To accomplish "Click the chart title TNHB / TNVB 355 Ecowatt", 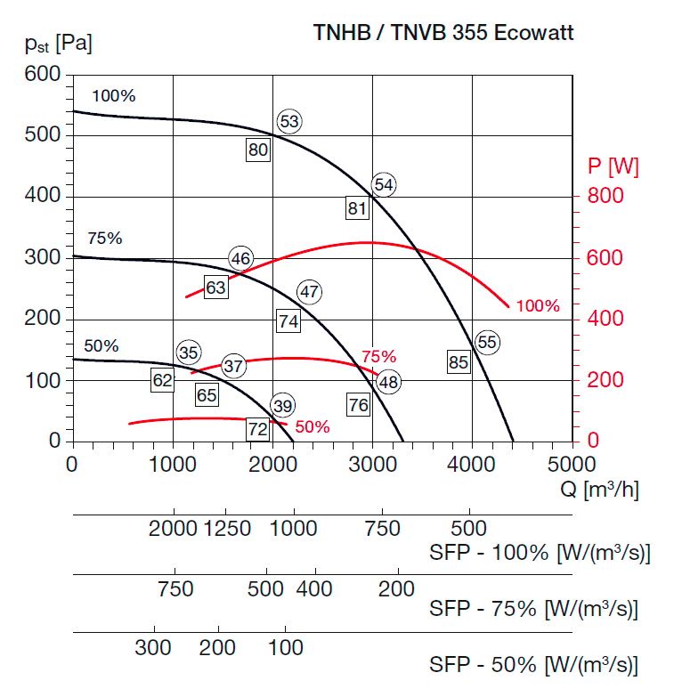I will (443, 33).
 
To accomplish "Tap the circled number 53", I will (289, 122).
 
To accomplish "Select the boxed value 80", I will (258, 150).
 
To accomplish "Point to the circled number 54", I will (384, 184).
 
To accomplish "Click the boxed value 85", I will (459, 362).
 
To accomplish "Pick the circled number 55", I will (486, 342).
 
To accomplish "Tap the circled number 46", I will (240, 259).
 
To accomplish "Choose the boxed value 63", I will (215, 288).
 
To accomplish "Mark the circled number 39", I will (282, 406).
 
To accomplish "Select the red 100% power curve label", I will (538, 306).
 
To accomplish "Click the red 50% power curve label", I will (312, 427).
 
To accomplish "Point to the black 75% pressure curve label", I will (104, 239).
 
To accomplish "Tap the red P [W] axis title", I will (613, 166).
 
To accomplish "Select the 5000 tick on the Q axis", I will (571, 463).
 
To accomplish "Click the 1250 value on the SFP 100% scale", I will (228, 529).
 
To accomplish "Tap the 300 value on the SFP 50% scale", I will (153, 648).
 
